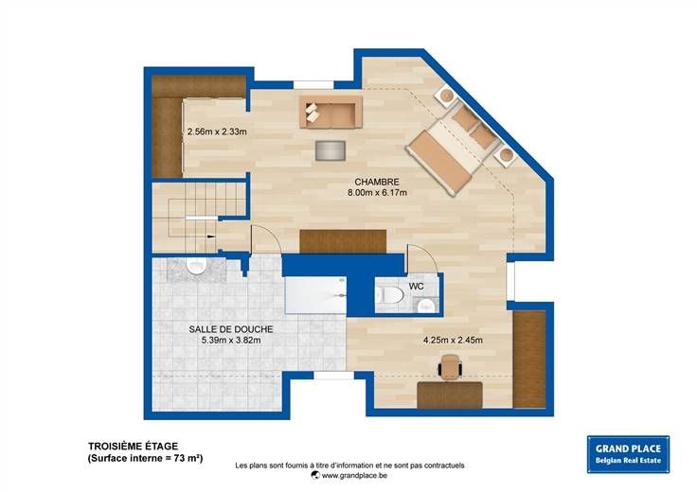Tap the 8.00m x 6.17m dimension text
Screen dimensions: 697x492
[x=377, y=193]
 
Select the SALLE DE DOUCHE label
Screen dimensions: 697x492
[x=231, y=329]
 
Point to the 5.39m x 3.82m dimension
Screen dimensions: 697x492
[x=231, y=341]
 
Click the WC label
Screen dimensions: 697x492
[x=416, y=287]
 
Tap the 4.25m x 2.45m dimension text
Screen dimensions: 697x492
[x=453, y=341]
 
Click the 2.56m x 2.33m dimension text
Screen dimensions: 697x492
[x=217, y=132]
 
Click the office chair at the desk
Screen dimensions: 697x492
[x=451, y=366]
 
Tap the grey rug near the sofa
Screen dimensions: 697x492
[x=331, y=150]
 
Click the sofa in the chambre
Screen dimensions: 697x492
[x=331, y=113]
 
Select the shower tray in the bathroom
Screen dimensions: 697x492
[x=315, y=295]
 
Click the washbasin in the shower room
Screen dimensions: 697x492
[x=195, y=266]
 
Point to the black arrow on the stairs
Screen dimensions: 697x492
[x=211, y=237]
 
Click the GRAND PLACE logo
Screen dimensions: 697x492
[x=628, y=454]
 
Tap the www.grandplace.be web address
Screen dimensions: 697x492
[x=354, y=476]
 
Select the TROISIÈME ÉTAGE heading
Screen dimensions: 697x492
[x=133, y=447]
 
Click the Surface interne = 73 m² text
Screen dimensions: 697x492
[x=145, y=458]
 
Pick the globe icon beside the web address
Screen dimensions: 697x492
[x=315, y=475]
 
